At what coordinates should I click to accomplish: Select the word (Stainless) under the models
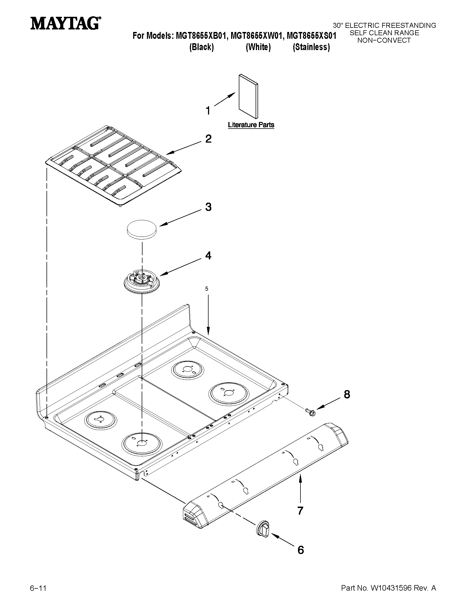pyautogui.click(x=311, y=47)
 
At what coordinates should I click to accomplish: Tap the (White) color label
pyautogui.click(x=258, y=47)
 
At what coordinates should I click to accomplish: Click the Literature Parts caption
pyautogui.click(x=251, y=125)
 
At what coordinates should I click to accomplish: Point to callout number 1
pyautogui.click(x=208, y=111)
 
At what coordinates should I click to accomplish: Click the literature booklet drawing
pyautogui.click(x=248, y=96)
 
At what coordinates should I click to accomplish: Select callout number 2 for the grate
pyautogui.click(x=208, y=139)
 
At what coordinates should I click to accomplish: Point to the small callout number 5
pyautogui.click(x=207, y=289)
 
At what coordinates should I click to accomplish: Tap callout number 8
pyautogui.click(x=347, y=395)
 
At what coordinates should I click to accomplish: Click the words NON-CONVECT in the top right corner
pyautogui.click(x=384, y=40)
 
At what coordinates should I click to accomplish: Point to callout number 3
pyautogui.click(x=208, y=207)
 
